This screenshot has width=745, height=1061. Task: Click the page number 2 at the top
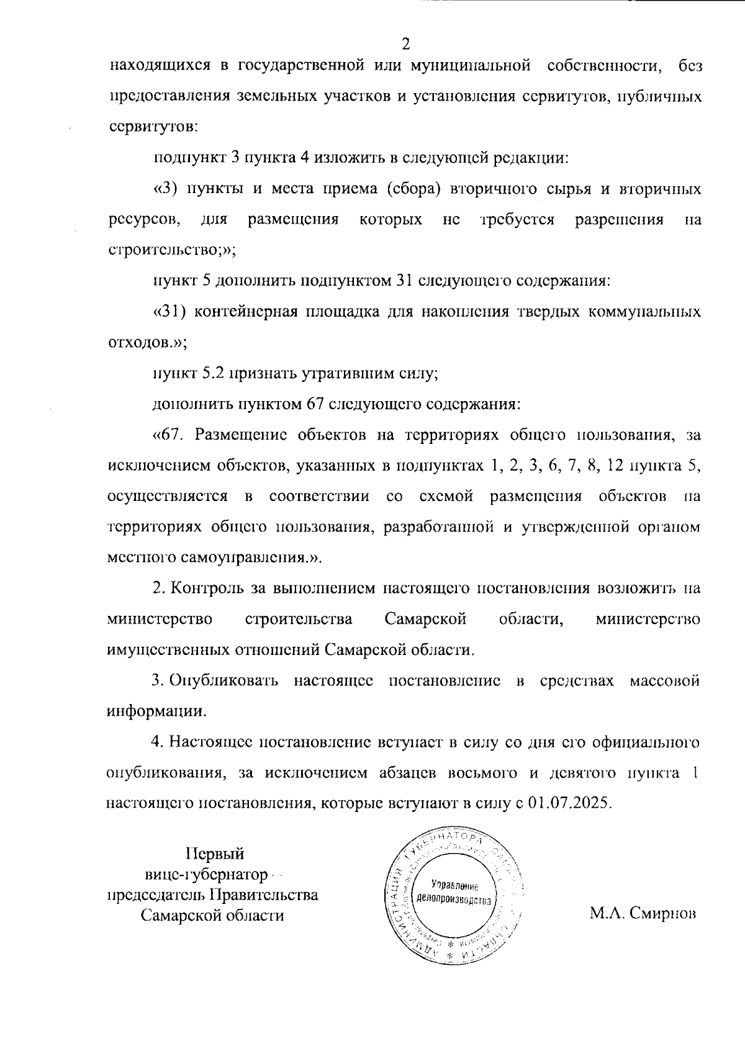pyautogui.click(x=405, y=43)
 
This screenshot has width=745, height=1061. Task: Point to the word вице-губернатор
pyautogui.click(x=206, y=875)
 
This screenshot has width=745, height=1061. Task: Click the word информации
pyautogui.click(x=156, y=711)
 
